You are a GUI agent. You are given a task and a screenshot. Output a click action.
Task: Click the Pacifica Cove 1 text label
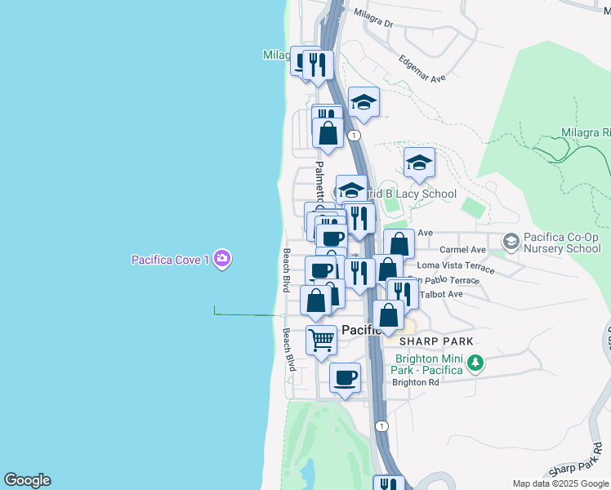point(171,260)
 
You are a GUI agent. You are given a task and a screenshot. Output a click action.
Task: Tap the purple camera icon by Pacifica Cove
point(223,260)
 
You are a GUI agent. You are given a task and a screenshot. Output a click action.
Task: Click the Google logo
point(27,480)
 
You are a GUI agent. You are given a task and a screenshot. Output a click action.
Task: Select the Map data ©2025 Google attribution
point(560,483)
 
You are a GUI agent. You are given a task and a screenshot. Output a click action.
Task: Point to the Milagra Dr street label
point(373,18)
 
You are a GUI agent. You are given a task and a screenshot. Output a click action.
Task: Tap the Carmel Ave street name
point(462,249)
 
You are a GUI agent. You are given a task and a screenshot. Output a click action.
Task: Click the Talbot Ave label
point(441,294)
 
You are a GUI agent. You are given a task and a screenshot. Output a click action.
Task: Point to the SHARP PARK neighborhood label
point(436,340)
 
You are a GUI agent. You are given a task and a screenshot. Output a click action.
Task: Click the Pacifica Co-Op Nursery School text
point(563,243)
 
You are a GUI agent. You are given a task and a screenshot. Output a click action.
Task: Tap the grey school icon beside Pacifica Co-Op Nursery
point(511,242)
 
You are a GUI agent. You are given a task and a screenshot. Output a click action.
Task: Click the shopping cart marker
point(322,340)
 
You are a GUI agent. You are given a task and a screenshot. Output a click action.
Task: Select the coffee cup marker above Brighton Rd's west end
point(345,378)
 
